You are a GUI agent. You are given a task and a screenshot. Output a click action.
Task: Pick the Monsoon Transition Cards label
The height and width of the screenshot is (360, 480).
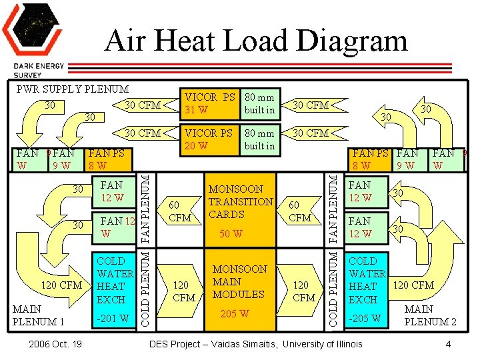pos(241,201)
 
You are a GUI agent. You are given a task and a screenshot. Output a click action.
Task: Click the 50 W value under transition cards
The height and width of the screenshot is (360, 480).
pos(231,234)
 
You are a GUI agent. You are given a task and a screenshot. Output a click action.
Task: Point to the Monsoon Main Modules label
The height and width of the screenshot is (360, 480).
pos(239,281)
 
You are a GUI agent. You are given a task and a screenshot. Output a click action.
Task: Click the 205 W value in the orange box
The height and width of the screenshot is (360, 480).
pos(234,314)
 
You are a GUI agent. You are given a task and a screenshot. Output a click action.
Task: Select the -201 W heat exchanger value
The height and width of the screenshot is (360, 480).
pos(113,318)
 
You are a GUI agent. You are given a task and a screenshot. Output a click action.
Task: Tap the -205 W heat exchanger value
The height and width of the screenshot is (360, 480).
pos(366,318)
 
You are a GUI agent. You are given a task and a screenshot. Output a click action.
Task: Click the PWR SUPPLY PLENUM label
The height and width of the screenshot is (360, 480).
pos(73,89)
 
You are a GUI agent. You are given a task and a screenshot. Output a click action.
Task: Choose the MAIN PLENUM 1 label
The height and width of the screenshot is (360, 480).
pos(37,315)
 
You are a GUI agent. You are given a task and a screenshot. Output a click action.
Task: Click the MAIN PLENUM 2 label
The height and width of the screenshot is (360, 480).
pos(431,315)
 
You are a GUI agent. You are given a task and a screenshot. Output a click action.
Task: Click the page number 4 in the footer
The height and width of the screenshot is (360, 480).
pos(449,344)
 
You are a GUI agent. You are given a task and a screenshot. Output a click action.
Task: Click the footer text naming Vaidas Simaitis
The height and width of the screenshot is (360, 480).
pos(257,344)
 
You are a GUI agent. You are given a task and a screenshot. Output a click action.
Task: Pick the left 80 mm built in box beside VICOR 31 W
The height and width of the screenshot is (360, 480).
pos(260,103)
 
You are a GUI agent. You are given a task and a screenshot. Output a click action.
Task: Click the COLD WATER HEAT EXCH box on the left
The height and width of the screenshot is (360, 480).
pos(115,280)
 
